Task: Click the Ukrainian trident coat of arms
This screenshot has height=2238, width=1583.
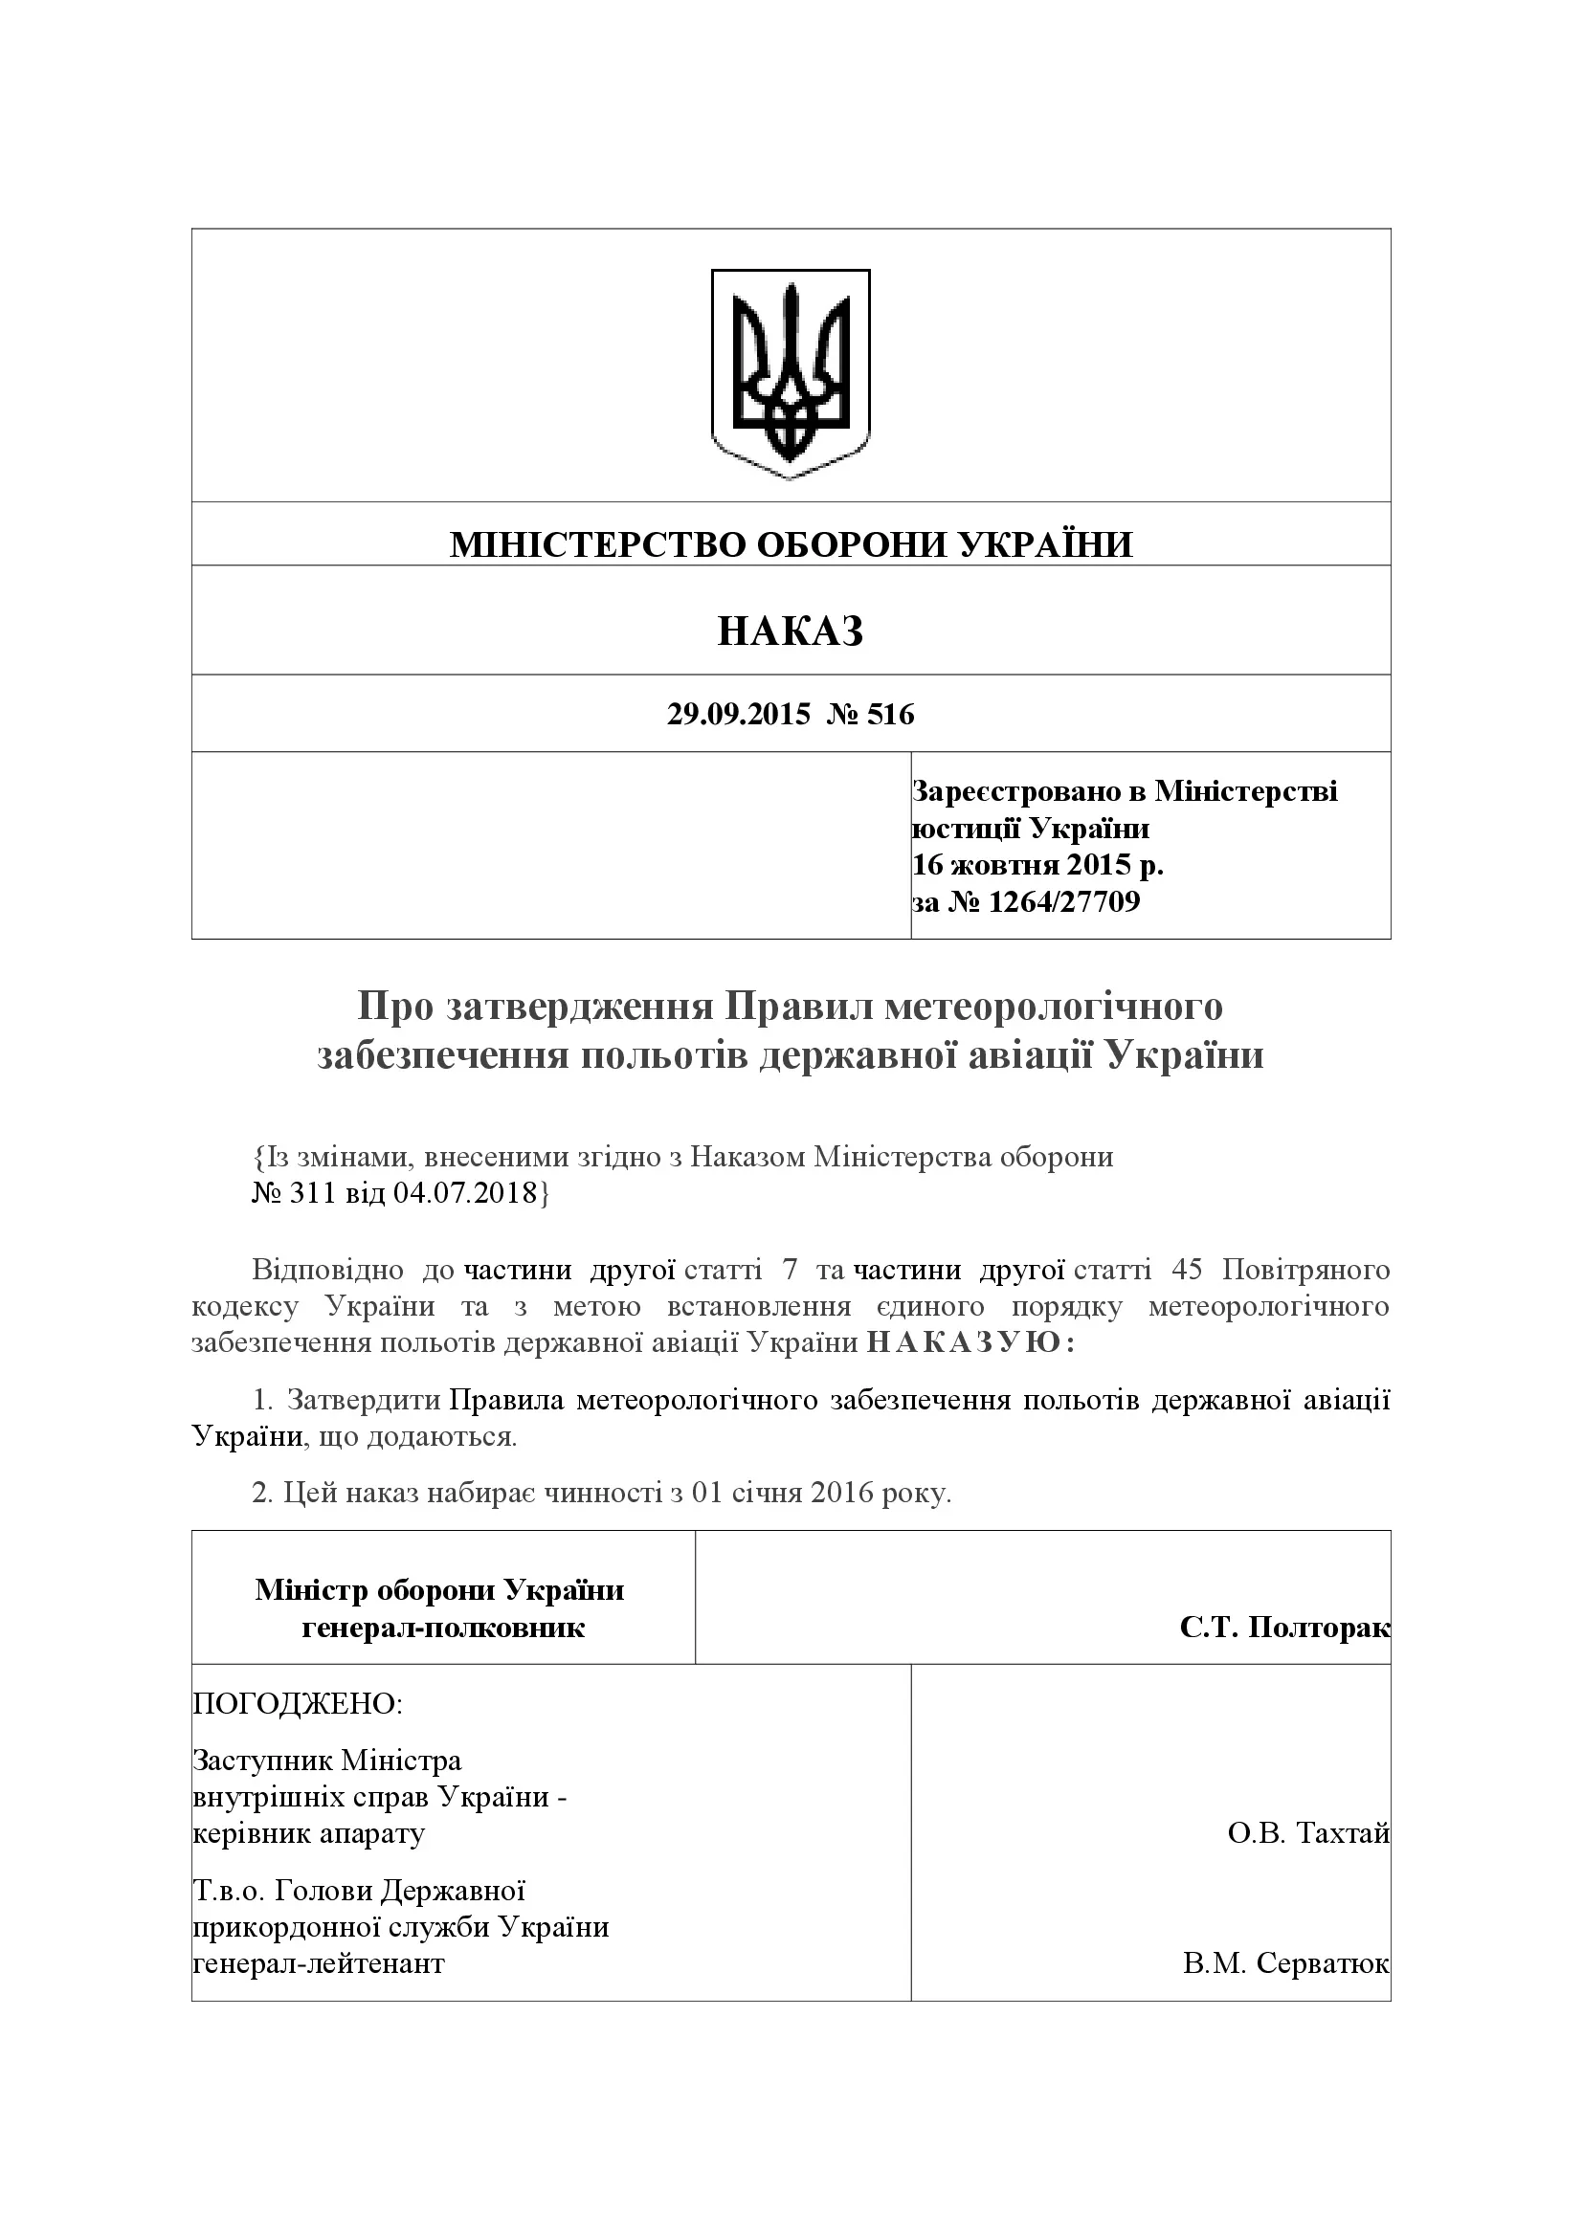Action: [791, 373]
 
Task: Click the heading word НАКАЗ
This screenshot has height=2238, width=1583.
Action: [791, 632]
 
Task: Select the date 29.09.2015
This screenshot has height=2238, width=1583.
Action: [738, 715]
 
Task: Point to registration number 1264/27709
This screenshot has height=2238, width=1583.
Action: [1063, 901]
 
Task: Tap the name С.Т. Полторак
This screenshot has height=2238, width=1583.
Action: [1283, 1627]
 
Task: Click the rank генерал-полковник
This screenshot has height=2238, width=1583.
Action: [442, 1627]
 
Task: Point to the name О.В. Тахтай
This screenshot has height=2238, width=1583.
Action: [1308, 1833]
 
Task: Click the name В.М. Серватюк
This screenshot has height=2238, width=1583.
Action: [1285, 1962]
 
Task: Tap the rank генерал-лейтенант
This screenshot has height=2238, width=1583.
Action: [319, 1962]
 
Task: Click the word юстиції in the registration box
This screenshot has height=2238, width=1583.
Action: [966, 829]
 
